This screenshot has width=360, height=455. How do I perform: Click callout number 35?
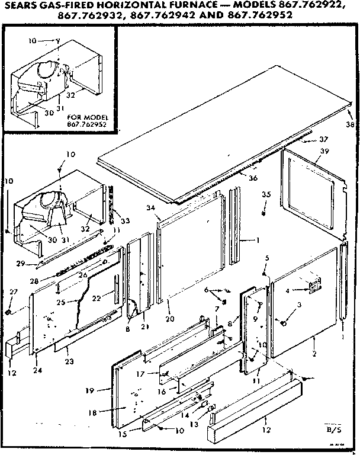[266, 194]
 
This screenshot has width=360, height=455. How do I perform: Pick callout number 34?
[152, 207]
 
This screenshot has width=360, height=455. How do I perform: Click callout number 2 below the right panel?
[314, 353]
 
